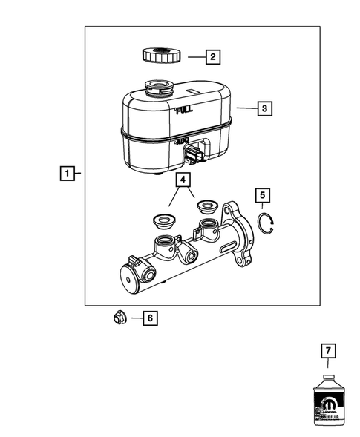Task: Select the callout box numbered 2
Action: pos(212,56)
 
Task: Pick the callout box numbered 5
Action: pos(262,195)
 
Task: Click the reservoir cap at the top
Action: pos(158,56)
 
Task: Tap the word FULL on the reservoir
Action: pos(186,111)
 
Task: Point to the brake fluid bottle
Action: pos(326,404)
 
